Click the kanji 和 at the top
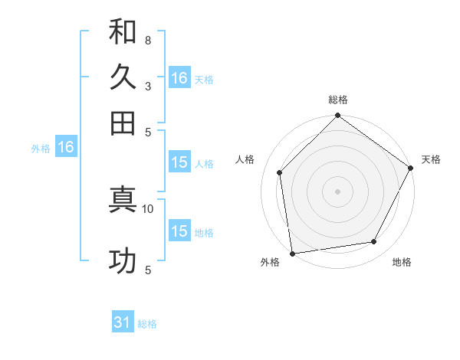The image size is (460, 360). point(123,32)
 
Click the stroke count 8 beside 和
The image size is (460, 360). point(147,40)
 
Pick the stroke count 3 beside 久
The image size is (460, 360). point(147,86)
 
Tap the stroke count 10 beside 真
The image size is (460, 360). point(148,208)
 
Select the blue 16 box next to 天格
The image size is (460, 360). point(179,78)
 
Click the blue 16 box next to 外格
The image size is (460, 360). point(66,148)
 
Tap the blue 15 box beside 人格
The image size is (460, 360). point(179,162)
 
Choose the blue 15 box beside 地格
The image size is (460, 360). point(179,231)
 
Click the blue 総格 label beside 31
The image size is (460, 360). point(147,324)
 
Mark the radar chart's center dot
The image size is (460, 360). point(338,191)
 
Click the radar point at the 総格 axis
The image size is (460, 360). point(338,116)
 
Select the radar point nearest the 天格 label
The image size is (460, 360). point(411,168)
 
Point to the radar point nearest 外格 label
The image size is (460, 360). point(292,253)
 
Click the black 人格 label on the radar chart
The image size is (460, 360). point(245,159)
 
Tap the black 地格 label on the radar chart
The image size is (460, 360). point(402,263)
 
